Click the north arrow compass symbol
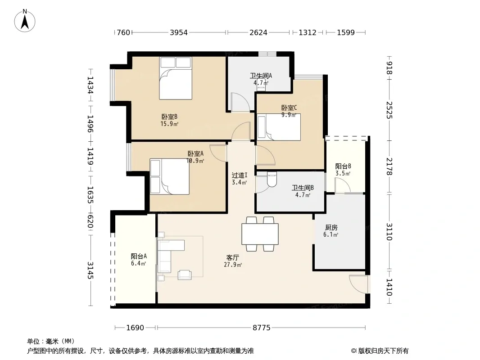pos(25,21)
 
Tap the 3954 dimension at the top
pos(179,32)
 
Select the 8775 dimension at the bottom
pos(262,328)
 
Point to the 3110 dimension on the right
pos(389,232)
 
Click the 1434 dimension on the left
pos(91,85)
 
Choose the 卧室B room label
pos(169,117)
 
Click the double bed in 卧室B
pos(176,78)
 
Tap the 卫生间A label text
pos(261,76)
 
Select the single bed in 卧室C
pos(279,127)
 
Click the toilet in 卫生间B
pos(272,179)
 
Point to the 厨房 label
pos(331,228)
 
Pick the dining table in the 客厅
pos(260,234)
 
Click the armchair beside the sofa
pos(185,274)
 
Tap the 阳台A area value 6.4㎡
pos(138,263)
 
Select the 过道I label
pos(240,175)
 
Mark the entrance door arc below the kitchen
pos(358,284)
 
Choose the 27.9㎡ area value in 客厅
pos(233,265)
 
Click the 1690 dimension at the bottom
pos(135,328)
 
